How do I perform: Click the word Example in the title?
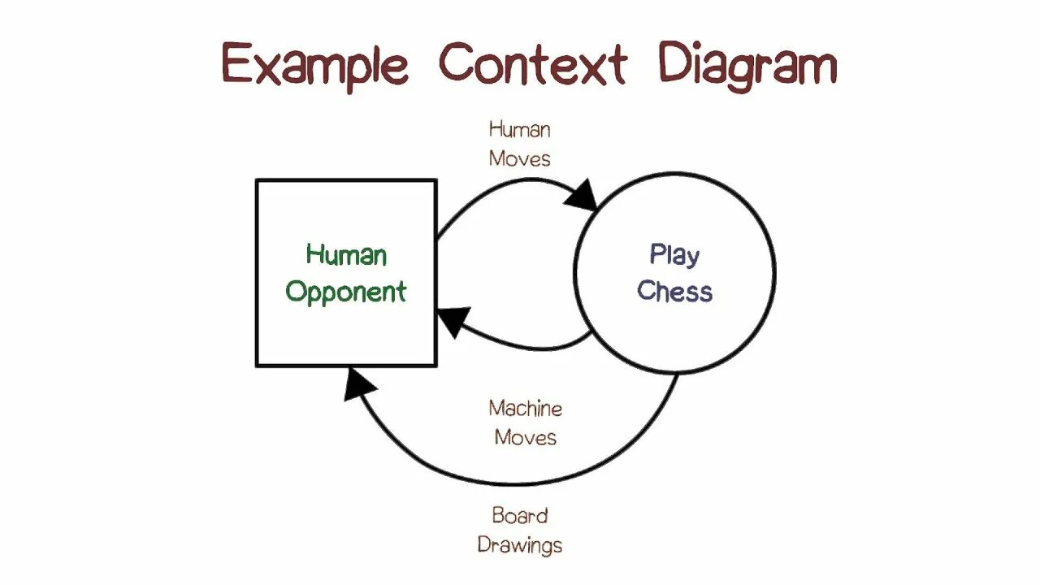314,65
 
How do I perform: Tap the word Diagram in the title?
747,65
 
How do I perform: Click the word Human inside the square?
346,255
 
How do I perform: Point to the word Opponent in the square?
346,292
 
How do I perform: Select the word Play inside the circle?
674,256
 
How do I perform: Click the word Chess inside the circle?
674,291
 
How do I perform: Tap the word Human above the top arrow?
519,129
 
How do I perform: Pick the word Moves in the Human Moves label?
519,158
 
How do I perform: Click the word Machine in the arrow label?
525,408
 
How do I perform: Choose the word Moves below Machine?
525,437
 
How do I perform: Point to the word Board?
520,515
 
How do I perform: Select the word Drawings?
520,544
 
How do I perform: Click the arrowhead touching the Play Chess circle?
583,196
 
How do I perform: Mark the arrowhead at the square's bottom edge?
357,383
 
